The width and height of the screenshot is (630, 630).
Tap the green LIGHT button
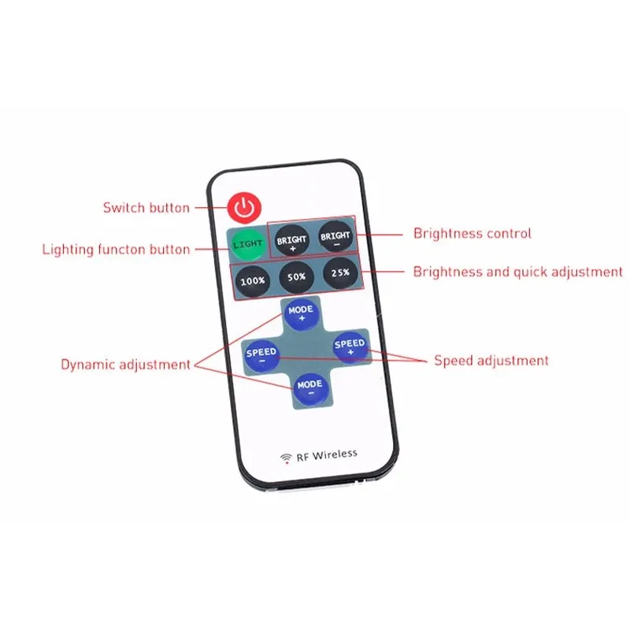[247, 244]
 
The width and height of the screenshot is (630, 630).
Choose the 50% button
[296, 277]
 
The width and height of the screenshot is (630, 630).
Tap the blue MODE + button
[300, 314]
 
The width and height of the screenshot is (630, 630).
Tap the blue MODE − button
[309, 386]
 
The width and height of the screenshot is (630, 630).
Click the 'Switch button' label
[146, 208]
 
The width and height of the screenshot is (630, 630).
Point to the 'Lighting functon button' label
[116, 250]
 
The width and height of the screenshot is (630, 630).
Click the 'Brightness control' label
[472, 233]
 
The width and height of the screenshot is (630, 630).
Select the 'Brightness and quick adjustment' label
[518, 272]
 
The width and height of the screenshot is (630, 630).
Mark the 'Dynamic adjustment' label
[126, 365]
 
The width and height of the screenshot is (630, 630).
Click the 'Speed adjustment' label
[491, 361]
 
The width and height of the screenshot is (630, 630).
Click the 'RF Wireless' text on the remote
[327, 454]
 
